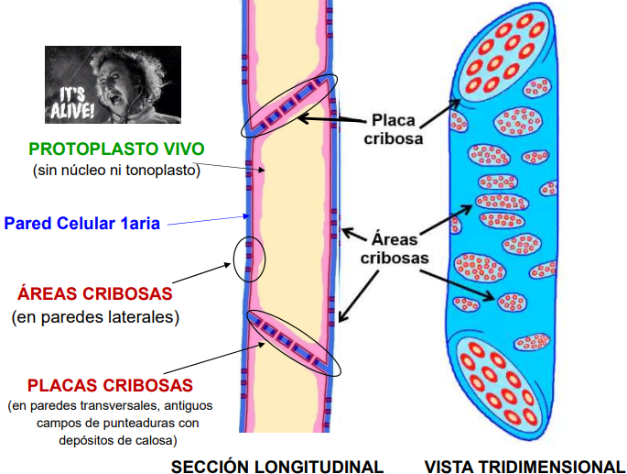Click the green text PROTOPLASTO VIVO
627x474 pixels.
coord(116,149)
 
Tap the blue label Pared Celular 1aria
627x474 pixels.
coord(82,223)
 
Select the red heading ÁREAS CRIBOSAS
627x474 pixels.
coord(95,293)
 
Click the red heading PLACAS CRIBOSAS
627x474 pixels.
coord(110,385)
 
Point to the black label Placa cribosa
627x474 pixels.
coord(394,129)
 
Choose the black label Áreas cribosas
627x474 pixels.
coord(395,248)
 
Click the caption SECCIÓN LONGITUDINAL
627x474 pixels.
coord(277,467)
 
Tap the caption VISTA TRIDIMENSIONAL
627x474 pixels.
coord(524,467)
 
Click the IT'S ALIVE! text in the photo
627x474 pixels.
coord(72,104)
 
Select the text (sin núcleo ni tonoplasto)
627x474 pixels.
coord(116,171)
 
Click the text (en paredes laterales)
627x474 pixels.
coord(95,317)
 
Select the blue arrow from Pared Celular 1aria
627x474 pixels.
coord(209,220)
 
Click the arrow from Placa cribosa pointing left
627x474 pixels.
coord(332,119)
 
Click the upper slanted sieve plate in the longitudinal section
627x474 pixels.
coord(288,106)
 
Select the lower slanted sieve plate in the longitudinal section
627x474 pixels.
coord(294,344)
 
